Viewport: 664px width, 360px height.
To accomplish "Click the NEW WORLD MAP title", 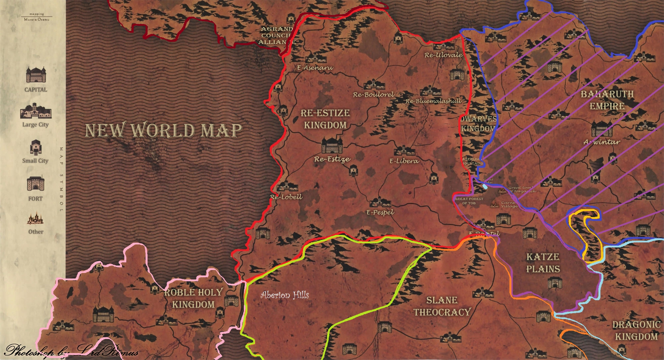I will (x=164, y=130).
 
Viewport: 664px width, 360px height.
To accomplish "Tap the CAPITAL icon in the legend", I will (x=36, y=74).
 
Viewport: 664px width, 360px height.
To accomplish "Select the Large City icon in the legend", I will (x=36, y=111).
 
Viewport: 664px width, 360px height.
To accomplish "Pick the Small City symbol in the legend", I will (x=36, y=147).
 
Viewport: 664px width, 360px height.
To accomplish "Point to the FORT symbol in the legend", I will (x=36, y=183).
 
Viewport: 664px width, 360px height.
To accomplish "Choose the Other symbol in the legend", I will (x=36, y=219).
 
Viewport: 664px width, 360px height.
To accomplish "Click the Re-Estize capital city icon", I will (x=332, y=145).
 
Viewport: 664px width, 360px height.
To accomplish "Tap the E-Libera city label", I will (x=404, y=161).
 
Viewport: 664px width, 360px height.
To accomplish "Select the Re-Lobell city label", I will (x=286, y=197).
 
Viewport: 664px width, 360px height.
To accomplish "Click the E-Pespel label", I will (x=380, y=212).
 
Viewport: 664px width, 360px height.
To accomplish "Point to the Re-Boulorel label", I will (x=373, y=95).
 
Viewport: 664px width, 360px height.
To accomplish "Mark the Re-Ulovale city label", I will (x=444, y=55).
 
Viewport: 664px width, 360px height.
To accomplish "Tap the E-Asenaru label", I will (x=315, y=68).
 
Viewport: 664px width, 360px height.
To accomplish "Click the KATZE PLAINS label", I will (x=543, y=263).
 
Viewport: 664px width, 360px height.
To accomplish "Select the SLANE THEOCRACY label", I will (x=442, y=306).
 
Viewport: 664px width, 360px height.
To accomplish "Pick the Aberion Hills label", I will (x=285, y=295).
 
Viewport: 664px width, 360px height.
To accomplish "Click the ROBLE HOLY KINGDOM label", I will (x=193, y=298).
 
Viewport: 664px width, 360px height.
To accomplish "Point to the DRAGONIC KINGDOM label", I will (x=636, y=330).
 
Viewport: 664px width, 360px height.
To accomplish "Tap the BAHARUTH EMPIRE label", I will (x=607, y=100).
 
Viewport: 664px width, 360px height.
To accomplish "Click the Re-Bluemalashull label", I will (x=433, y=101).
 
